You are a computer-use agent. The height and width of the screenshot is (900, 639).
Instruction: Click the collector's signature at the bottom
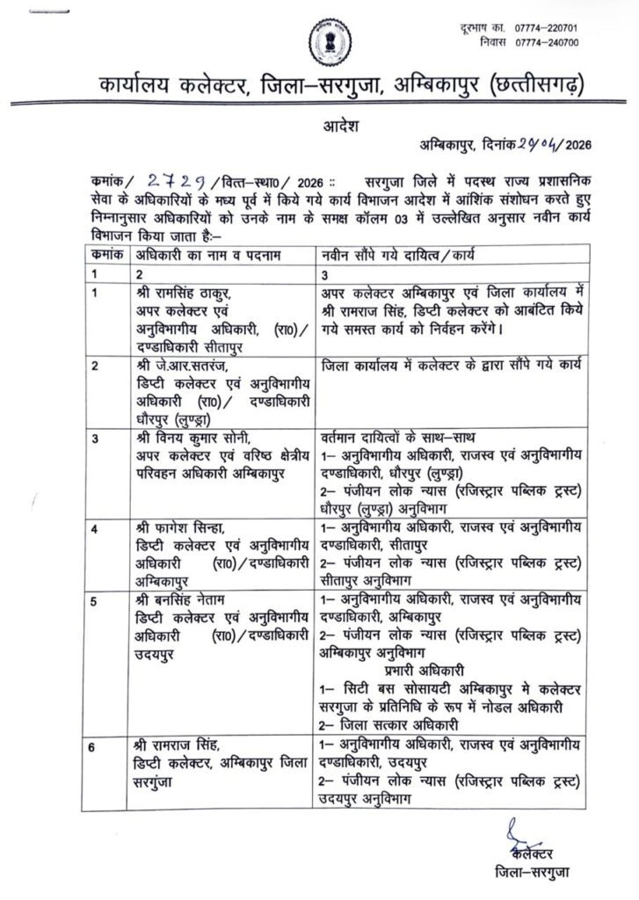pyautogui.click(x=522, y=834)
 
